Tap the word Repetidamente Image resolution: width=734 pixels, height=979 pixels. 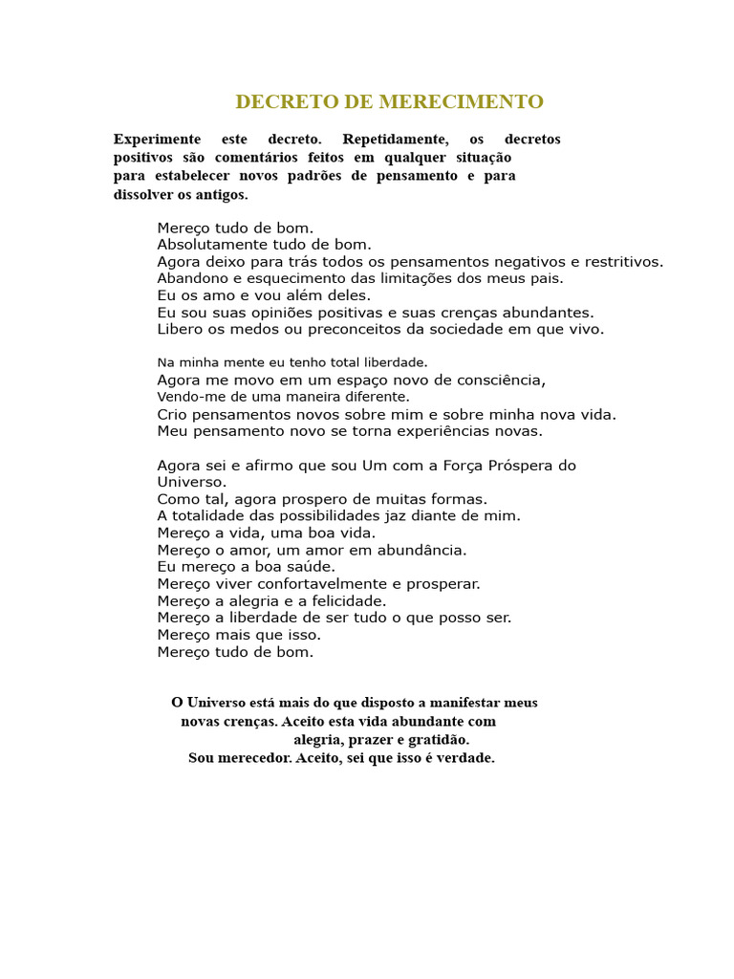395,140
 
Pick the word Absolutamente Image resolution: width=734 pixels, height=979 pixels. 212,245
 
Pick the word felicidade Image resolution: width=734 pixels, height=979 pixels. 342,601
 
